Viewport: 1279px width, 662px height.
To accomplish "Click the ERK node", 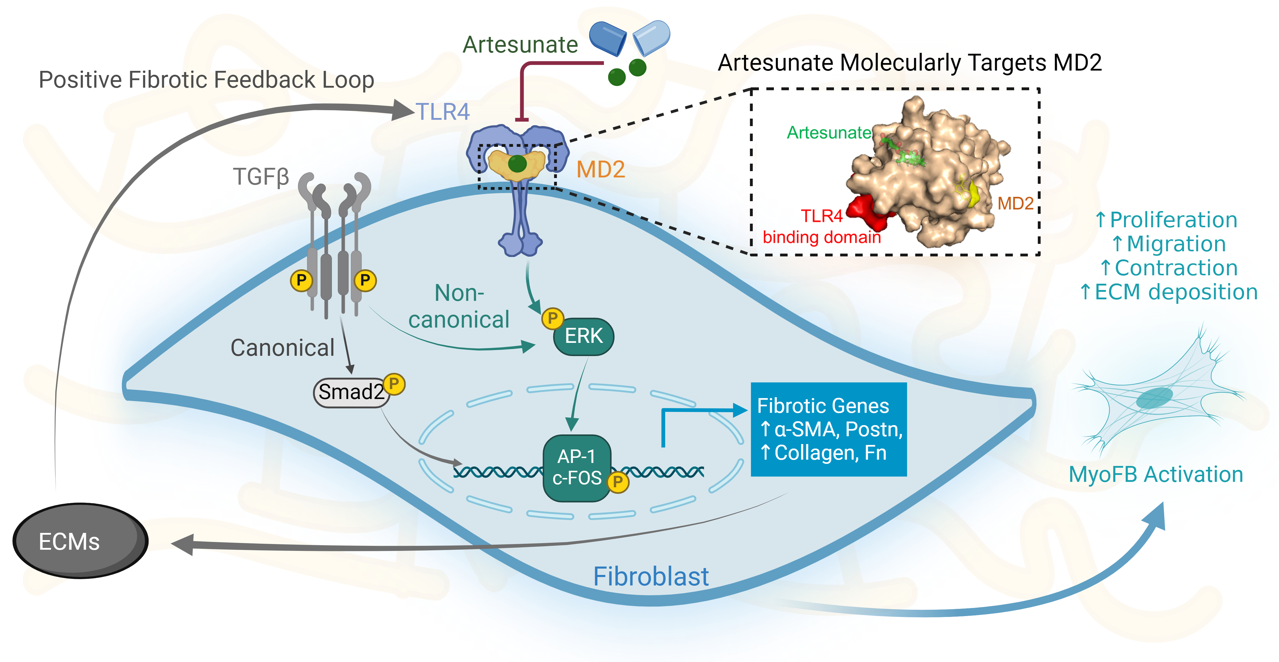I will pyautogui.click(x=583, y=337).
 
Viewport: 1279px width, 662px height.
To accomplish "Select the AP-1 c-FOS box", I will pyautogui.click(x=577, y=467).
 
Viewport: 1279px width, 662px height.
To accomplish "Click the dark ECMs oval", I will pyautogui.click(x=80, y=541).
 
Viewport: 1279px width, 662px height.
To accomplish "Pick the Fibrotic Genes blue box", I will pyautogui.click(x=828, y=429).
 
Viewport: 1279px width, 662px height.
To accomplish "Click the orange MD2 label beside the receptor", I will pyautogui.click(x=600, y=170).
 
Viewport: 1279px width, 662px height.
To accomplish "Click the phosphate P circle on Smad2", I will pyautogui.click(x=394, y=384).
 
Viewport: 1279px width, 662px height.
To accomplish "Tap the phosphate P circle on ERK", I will pyautogui.click(x=552, y=318).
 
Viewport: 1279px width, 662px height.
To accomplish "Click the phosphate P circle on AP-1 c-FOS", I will pyautogui.click(x=618, y=481).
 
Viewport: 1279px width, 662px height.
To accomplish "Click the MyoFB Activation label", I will pyautogui.click(x=1155, y=474).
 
